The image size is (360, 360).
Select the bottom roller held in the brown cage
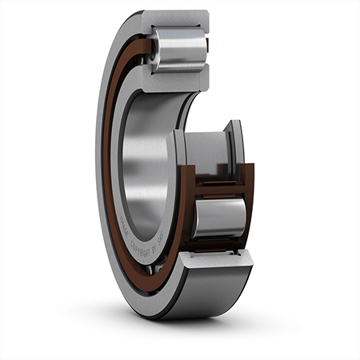tap(218, 218)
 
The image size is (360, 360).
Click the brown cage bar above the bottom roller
tap(218, 190)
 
